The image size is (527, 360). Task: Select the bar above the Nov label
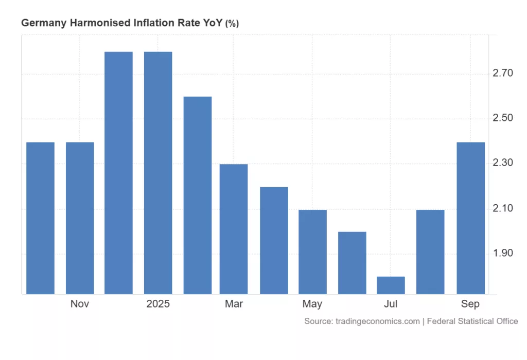coord(80,218)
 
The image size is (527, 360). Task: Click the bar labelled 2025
coord(158,173)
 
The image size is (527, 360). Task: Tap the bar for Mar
coord(234,229)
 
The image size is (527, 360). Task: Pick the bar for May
coord(312,252)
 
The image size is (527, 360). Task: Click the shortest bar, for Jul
coord(391,285)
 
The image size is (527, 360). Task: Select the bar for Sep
coord(470,218)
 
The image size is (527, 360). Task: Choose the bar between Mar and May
coord(273,240)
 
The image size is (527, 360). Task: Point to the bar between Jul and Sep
coord(430,252)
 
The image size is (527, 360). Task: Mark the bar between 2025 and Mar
coord(198,195)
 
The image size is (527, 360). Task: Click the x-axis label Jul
coord(391,304)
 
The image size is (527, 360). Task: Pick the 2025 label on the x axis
coord(158,304)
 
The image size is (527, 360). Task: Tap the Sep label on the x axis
coord(470,304)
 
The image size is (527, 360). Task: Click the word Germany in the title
coord(41,23)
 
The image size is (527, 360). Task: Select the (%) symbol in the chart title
coord(232,24)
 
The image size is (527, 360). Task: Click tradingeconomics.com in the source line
coord(377,321)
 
